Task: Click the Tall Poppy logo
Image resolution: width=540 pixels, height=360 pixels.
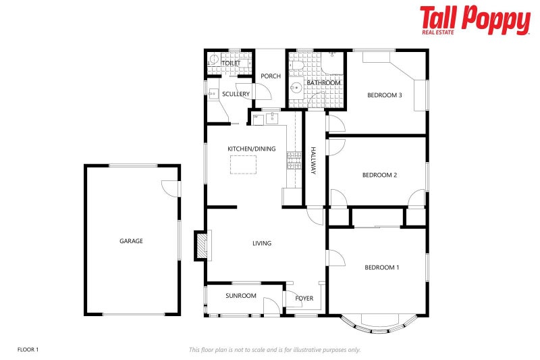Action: pos(475,20)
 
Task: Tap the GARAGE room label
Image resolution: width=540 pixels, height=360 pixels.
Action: pos(131,241)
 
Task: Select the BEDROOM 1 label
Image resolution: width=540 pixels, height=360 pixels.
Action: pos(381,268)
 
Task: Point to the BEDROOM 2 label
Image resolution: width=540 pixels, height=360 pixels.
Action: pos(379,176)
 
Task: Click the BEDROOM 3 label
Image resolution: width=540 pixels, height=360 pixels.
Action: pos(384,95)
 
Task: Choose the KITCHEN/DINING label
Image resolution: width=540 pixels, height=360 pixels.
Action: pos(251,149)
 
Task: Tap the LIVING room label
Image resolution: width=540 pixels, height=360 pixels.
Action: pos(262,244)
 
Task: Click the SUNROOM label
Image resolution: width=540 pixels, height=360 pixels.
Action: pos(241,296)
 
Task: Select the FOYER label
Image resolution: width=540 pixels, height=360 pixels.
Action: pos(304,298)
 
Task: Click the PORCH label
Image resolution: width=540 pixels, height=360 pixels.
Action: pos(271,76)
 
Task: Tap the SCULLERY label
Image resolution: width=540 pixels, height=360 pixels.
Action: pos(236,95)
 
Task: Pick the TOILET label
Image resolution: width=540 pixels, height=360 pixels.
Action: pos(232,63)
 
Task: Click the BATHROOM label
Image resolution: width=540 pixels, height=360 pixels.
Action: pos(324,83)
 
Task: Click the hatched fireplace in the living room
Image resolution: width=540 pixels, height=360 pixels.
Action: pos(201,246)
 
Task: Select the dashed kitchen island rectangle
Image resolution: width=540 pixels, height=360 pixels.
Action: pos(244,164)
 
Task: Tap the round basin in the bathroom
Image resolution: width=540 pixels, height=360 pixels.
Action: pos(296,88)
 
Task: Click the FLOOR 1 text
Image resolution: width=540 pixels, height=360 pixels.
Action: pos(28,350)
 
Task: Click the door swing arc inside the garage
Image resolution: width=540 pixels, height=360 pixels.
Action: pos(169,188)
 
